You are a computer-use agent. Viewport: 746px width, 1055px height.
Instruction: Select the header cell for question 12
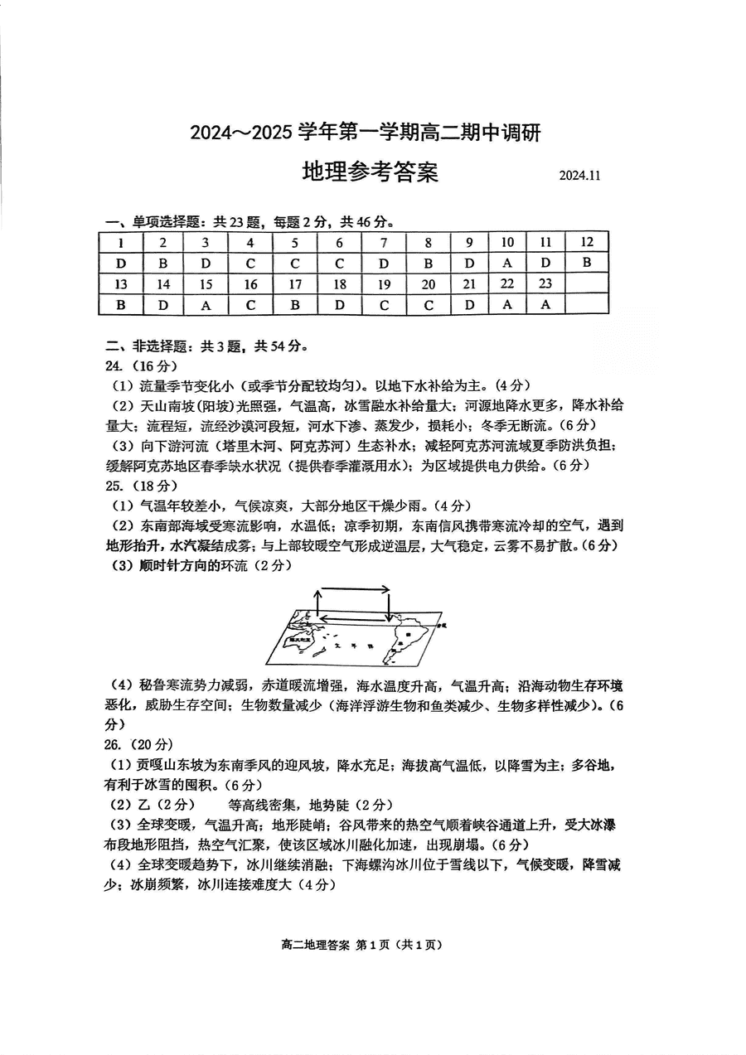(x=586, y=242)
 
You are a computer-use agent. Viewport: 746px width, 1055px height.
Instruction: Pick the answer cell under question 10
(x=506, y=263)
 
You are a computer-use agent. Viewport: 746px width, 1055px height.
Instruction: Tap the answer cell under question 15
(x=206, y=304)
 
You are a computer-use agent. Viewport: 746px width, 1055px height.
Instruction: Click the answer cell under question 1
(x=120, y=263)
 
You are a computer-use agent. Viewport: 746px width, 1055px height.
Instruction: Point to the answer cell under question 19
(x=383, y=304)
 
